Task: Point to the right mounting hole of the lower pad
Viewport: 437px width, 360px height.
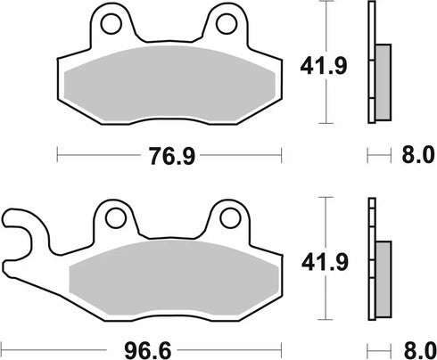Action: (227, 216)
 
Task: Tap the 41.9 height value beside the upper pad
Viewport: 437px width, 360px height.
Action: (316, 64)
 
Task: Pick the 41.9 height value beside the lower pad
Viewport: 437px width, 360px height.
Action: (316, 262)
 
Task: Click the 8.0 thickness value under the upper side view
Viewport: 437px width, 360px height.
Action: (413, 154)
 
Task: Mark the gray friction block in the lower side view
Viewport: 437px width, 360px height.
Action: (382, 277)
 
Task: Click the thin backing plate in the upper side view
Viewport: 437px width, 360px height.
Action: (372, 62)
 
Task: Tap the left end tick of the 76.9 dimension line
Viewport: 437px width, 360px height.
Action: (58, 154)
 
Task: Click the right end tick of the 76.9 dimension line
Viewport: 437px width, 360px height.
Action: (280, 154)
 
